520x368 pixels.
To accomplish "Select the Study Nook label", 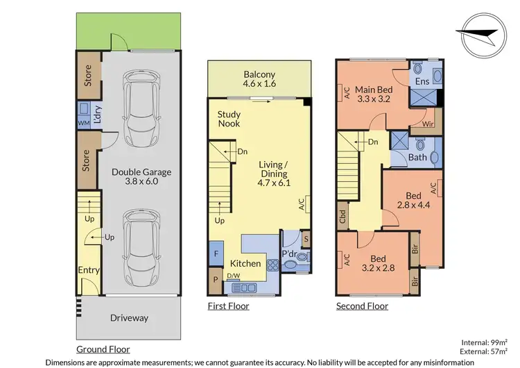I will tap(229, 119).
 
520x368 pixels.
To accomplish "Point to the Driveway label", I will tap(129, 318).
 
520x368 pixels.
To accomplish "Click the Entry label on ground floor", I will tap(89, 270).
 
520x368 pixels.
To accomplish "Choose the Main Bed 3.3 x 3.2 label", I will tap(374, 94).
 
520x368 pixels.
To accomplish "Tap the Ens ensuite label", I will tap(422, 82).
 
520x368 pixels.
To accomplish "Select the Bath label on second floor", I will tap(417, 158).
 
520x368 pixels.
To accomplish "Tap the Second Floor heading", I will tap(362, 306).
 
